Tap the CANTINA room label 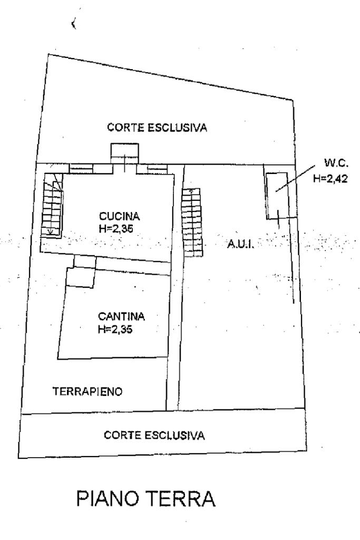[121, 317]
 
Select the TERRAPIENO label [87, 391]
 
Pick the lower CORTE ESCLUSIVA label [154, 435]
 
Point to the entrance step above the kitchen [125, 153]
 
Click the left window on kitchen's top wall [81, 168]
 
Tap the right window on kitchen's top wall [158, 168]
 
